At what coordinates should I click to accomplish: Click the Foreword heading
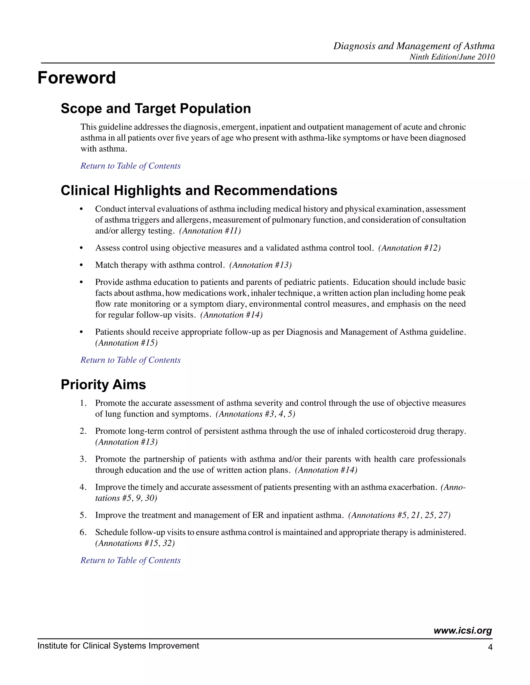(x=77, y=78)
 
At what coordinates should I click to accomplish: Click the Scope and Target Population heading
(x=156, y=109)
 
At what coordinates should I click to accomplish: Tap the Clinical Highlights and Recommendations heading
(x=199, y=191)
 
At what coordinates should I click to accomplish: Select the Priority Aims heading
(x=103, y=385)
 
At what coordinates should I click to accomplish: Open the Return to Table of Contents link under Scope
(x=131, y=166)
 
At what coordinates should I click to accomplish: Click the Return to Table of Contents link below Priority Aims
(x=131, y=560)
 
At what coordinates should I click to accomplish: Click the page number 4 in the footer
(x=490, y=647)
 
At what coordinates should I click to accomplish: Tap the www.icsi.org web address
(x=462, y=631)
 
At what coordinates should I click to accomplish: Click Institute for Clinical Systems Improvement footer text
(x=118, y=646)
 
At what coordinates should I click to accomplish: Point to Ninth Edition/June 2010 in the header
(x=452, y=57)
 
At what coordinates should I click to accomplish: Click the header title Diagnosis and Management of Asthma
(x=414, y=46)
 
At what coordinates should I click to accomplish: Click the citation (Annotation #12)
(x=409, y=248)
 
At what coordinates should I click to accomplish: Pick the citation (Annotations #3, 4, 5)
(x=255, y=414)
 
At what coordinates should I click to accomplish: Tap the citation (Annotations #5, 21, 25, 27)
(x=399, y=515)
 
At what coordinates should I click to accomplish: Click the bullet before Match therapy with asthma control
(x=81, y=265)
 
